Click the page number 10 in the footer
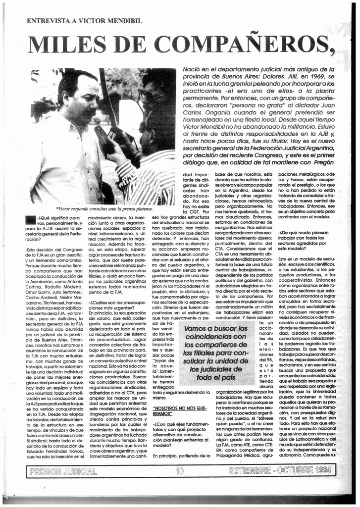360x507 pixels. click(179, 470)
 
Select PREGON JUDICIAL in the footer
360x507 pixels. click(63, 471)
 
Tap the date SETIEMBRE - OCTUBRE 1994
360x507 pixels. click(280, 470)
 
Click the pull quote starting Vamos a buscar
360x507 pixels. click(215, 353)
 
